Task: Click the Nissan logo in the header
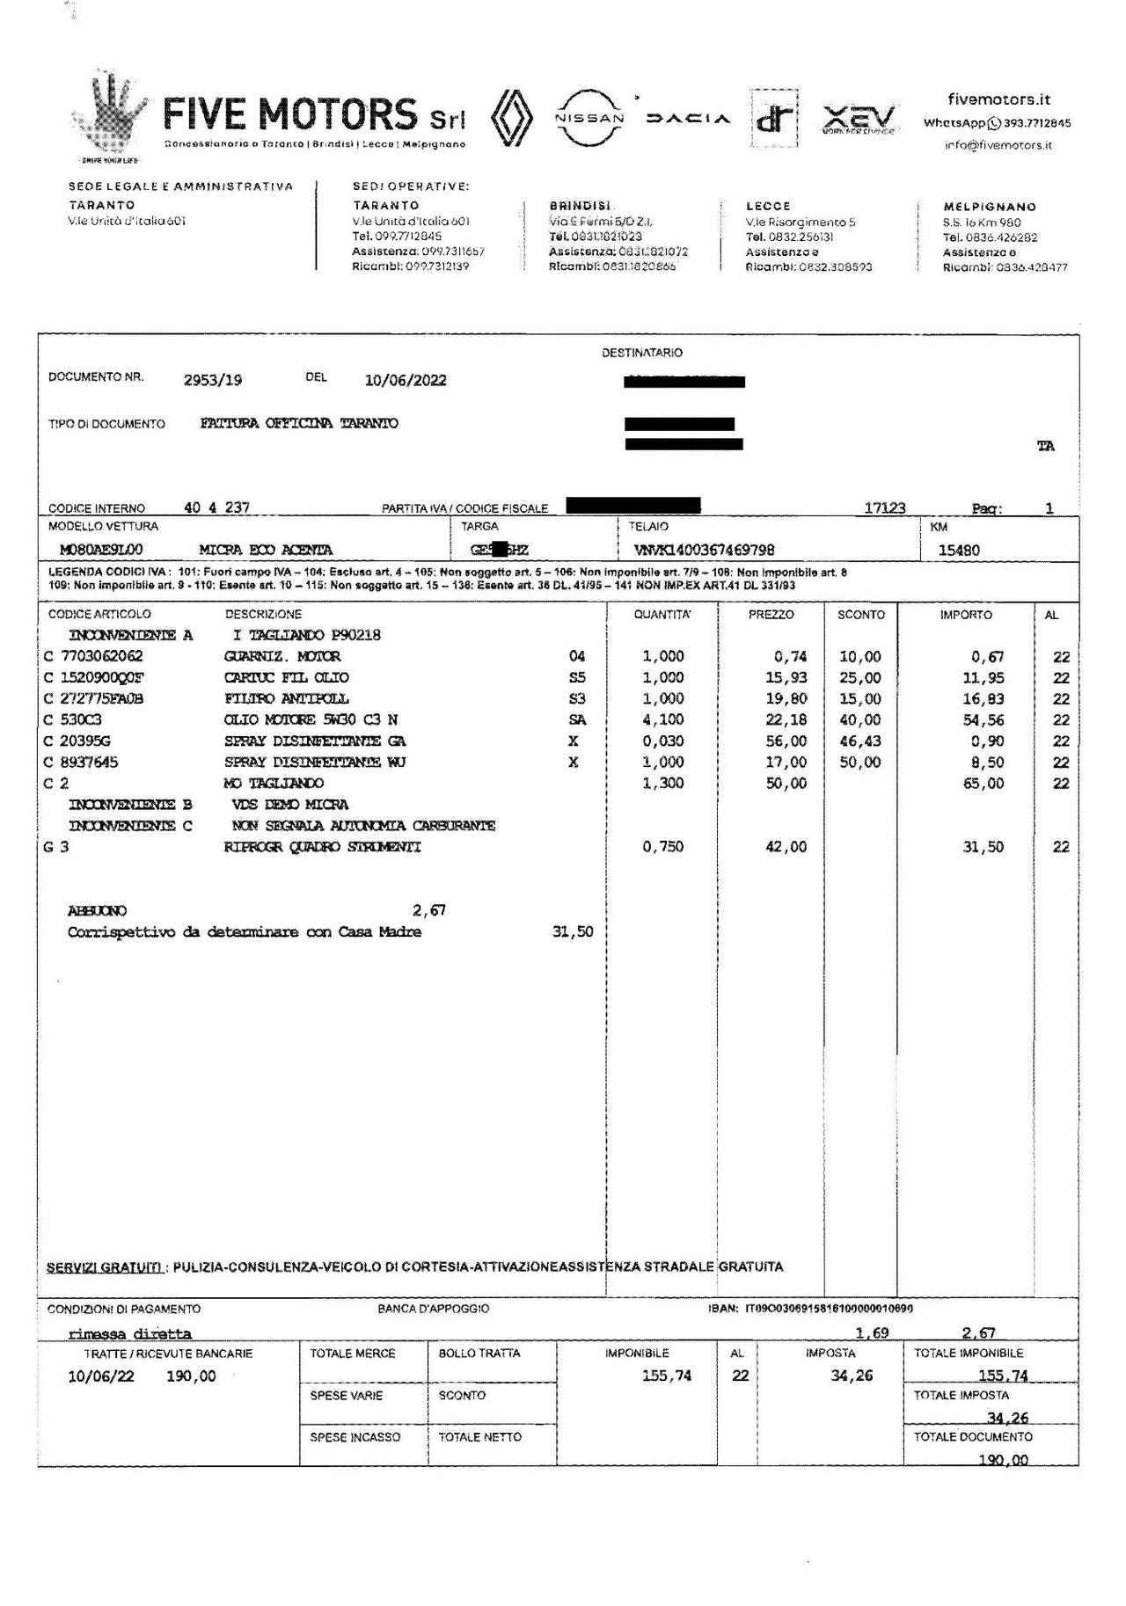(x=589, y=118)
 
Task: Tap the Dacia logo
(x=688, y=119)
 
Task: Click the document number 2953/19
(x=213, y=380)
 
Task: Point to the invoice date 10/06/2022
(x=405, y=380)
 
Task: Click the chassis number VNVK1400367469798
(x=704, y=551)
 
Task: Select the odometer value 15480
(x=959, y=551)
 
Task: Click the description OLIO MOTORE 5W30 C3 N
(x=311, y=719)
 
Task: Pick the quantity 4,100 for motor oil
(x=662, y=719)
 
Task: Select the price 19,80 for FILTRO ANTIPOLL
(x=786, y=698)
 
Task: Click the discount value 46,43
(x=859, y=741)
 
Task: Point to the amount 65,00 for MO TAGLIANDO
(x=983, y=783)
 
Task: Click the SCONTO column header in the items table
(x=860, y=615)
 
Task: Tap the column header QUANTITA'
(x=662, y=615)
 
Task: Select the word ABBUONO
(x=97, y=910)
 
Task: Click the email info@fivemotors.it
(x=998, y=145)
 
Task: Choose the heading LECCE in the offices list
(x=768, y=206)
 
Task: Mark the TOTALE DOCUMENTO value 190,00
(x=1003, y=1460)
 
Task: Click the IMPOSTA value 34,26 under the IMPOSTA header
(x=852, y=1376)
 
